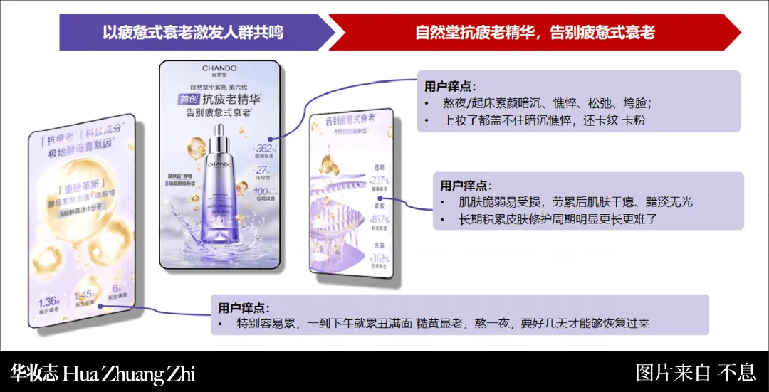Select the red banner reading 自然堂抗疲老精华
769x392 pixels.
pyautogui.click(x=535, y=33)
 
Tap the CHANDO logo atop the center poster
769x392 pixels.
pyautogui.click(x=219, y=70)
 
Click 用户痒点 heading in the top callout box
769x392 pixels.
pyautogui.click(x=451, y=86)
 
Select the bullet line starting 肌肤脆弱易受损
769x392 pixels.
pyautogui.click(x=575, y=203)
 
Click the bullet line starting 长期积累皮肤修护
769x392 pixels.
pyautogui.click(x=558, y=220)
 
